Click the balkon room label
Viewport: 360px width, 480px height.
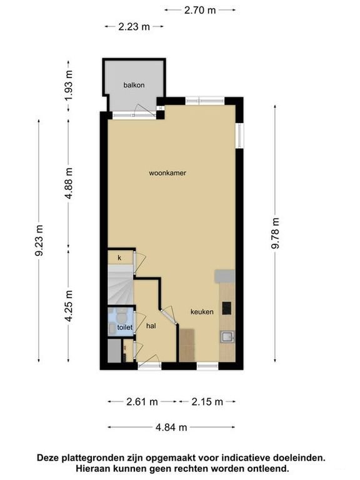[x=134, y=85]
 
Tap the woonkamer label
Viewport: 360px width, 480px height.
[x=167, y=173]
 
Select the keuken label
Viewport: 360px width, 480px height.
[x=202, y=312]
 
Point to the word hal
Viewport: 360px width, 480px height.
[x=151, y=326]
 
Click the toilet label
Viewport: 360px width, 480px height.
[x=125, y=327]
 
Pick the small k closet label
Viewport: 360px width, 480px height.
[x=119, y=258]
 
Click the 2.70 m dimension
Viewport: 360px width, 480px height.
[x=200, y=10]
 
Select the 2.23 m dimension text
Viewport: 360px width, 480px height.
[x=134, y=27]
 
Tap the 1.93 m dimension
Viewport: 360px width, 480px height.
[x=69, y=86]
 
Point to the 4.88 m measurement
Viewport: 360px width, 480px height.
[x=69, y=183]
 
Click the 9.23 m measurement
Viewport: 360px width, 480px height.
[x=39, y=240]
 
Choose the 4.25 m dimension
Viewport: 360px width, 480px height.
[x=69, y=306]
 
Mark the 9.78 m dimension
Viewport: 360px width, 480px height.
[x=276, y=233]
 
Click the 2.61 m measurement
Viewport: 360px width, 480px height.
[x=142, y=402]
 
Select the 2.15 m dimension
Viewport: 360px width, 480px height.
[x=207, y=402]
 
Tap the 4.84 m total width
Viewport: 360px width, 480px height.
[x=171, y=427]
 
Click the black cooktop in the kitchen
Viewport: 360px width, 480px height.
[x=227, y=308]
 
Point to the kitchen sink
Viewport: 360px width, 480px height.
[x=227, y=337]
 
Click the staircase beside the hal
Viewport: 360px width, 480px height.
[x=121, y=285]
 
